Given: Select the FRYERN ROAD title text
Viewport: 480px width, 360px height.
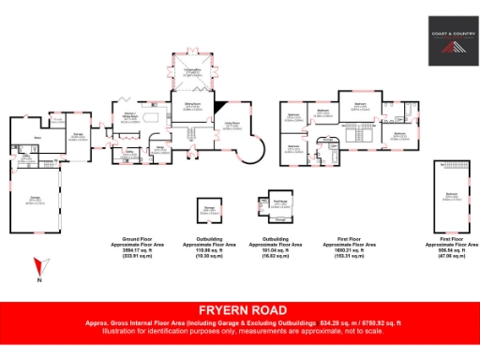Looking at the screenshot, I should (x=239, y=310).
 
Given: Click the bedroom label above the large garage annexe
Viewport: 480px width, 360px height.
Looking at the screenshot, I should (x=451, y=194).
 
